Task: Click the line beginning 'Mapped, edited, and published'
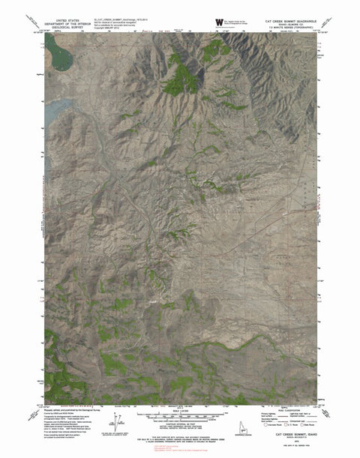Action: tap(75, 411)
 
